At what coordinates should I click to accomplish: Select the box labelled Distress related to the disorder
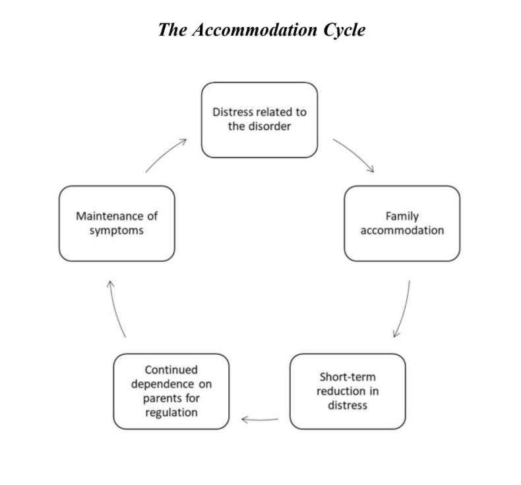[x=259, y=120]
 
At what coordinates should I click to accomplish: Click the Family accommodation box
[x=402, y=223]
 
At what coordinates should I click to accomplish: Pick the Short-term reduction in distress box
[x=348, y=391]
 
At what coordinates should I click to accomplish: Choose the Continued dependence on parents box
[x=171, y=391]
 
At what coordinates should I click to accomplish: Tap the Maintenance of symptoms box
[x=117, y=223]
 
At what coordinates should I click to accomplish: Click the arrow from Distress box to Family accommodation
[x=354, y=155]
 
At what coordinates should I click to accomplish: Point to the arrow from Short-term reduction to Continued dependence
[x=260, y=419]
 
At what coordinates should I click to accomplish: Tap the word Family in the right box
[x=402, y=216]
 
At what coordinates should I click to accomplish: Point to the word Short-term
[x=348, y=377]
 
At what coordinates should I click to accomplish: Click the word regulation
[x=171, y=412]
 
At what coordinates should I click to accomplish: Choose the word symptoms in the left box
[x=117, y=231]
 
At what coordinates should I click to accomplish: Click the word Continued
[x=171, y=370]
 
